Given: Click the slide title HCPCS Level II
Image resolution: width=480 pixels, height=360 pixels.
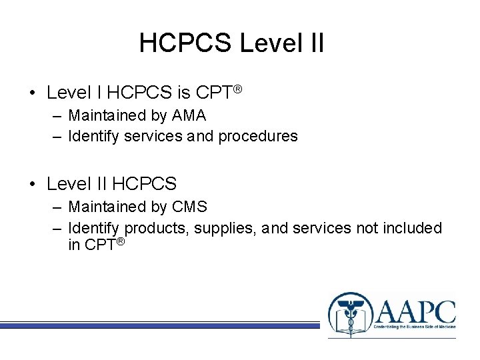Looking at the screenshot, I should [x=231, y=43].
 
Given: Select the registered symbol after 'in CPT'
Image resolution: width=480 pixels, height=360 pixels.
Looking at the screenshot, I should [x=120, y=241].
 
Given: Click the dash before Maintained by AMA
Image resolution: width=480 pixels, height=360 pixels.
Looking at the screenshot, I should [x=57, y=115].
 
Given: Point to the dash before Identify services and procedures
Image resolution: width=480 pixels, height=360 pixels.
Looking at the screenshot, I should [x=57, y=136].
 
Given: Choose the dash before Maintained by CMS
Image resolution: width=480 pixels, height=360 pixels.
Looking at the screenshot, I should [x=57, y=207].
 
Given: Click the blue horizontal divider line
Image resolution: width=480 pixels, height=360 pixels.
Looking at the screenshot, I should [x=160, y=325].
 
